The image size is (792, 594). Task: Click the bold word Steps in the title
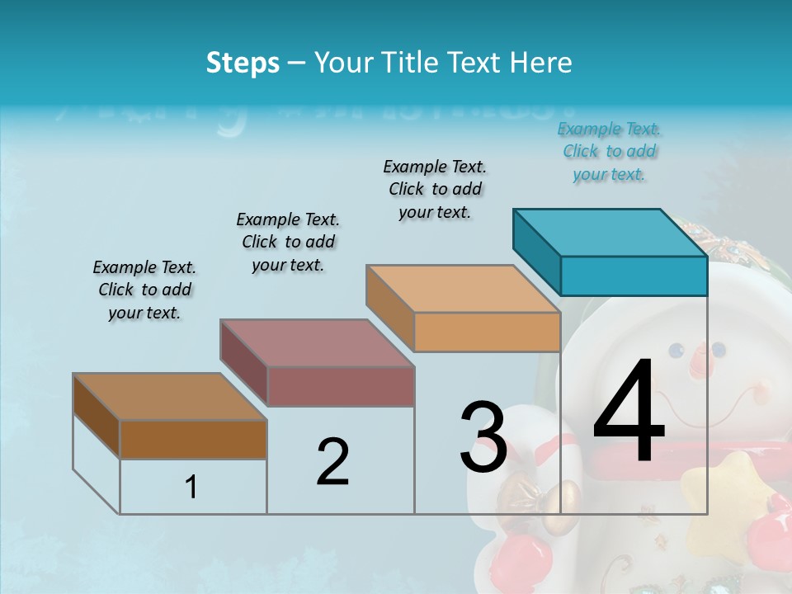click(243, 63)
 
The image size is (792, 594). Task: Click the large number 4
click(629, 412)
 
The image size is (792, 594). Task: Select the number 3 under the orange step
click(483, 437)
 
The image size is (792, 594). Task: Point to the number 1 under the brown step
click(191, 487)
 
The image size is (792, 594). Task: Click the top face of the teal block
click(610, 232)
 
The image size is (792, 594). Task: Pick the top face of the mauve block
click(317, 342)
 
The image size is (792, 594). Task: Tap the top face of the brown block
click(170, 397)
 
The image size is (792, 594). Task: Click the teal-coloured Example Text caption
click(610, 151)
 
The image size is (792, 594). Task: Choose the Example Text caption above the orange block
click(435, 189)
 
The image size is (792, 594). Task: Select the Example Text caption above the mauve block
click(288, 242)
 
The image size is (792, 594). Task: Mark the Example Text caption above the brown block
click(144, 290)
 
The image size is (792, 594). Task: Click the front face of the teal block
click(634, 276)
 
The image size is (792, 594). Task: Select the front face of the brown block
click(193, 439)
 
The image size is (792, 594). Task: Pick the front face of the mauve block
click(341, 386)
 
